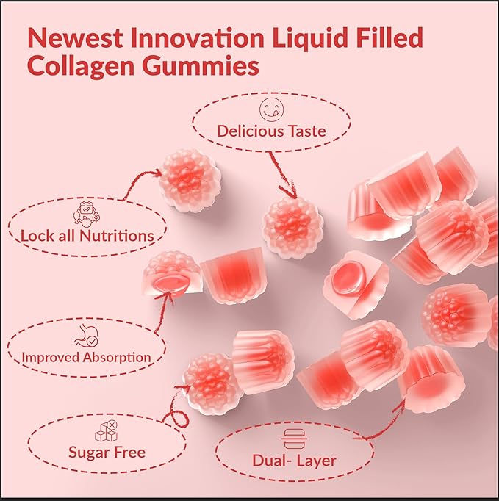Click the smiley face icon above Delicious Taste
click(270, 110)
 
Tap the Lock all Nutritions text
click(87, 236)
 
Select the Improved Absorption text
click(87, 358)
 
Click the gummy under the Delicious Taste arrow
click(292, 226)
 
